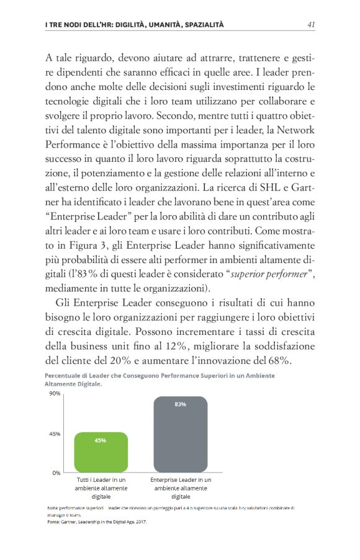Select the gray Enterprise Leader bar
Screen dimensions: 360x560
pyautogui.click(x=181, y=433)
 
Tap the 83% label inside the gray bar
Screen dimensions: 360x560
pyautogui.click(x=181, y=404)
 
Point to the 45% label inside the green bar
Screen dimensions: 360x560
pyautogui.click(x=101, y=440)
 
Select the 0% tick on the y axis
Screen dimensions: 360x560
pyautogui.click(x=56, y=473)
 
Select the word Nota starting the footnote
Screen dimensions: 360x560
pyautogui.click(x=53, y=508)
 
